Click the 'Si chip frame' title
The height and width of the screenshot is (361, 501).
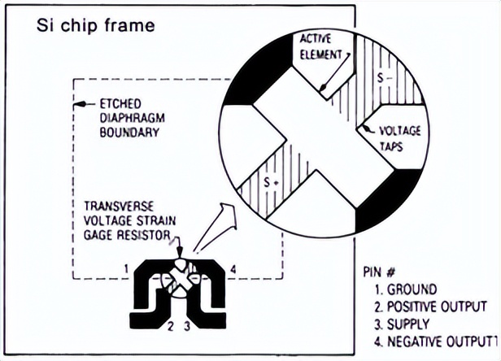click(96, 25)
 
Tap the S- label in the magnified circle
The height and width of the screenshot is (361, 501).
click(383, 77)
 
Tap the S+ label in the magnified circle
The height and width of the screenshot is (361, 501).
click(272, 182)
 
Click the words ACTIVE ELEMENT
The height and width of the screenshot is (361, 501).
click(320, 47)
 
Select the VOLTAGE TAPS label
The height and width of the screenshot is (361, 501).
click(399, 139)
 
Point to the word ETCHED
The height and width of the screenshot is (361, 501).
click(120, 104)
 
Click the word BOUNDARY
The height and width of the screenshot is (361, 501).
click(129, 132)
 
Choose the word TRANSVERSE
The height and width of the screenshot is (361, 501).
click(119, 207)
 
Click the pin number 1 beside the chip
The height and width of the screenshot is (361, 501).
click(127, 269)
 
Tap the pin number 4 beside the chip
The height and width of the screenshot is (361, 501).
click(233, 270)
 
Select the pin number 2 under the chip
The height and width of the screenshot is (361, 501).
click(171, 326)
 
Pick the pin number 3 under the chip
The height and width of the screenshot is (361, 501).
click(186, 326)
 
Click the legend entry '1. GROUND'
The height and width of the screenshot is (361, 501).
click(406, 289)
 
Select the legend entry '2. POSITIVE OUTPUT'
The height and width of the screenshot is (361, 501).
click(430, 307)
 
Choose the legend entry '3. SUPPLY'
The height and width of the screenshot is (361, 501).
click(402, 324)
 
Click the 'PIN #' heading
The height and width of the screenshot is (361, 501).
click(380, 272)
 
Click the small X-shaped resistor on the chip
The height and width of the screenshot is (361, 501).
click(181, 281)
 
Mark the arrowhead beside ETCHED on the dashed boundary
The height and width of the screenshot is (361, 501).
click(81, 104)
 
